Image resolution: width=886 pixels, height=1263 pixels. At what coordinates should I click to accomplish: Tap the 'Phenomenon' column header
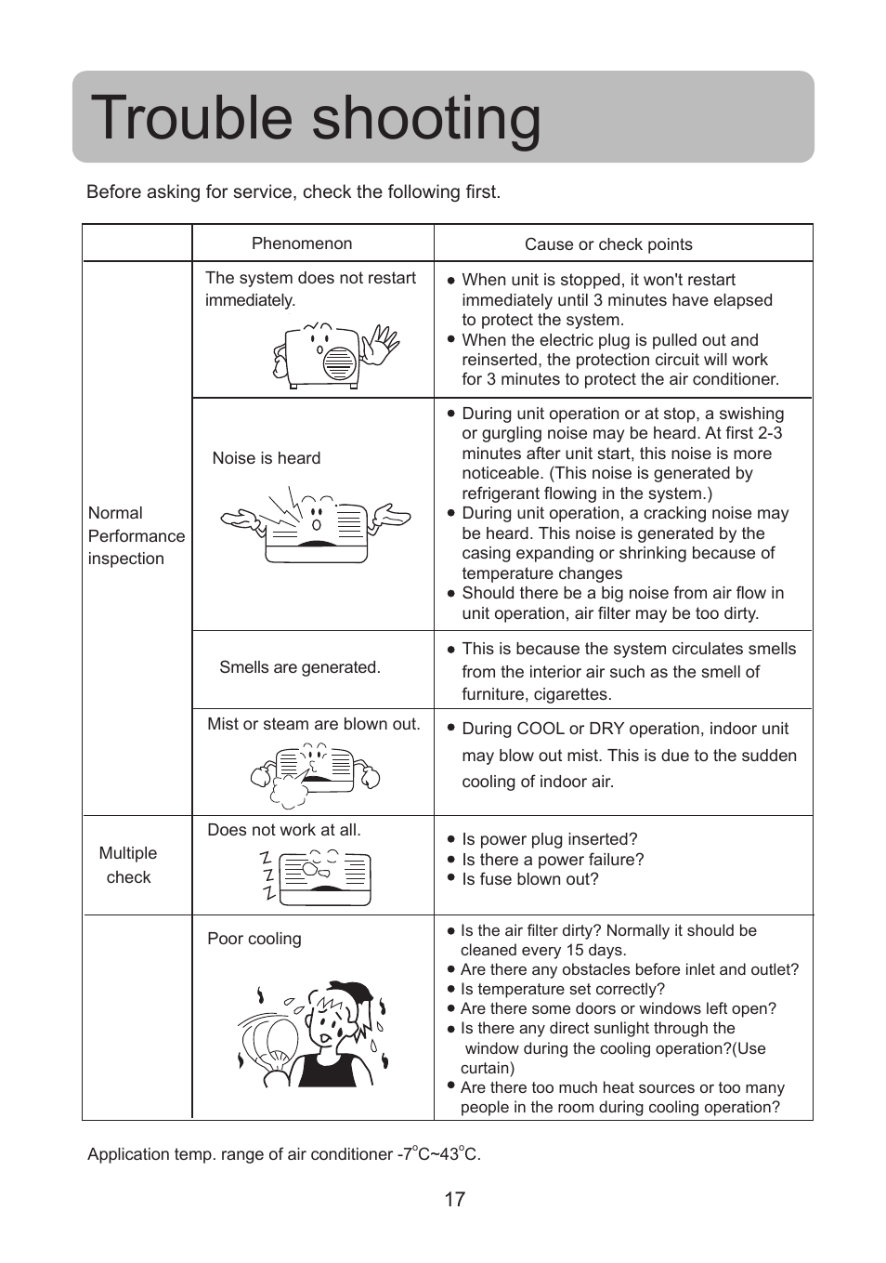pyautogui.click(x=302, y=243)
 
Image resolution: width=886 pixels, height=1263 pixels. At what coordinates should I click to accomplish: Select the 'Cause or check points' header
pyautogui.click(x=608, y=244)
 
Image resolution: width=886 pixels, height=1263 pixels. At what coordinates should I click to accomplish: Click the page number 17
pyautogui.click(x=454, y=1199)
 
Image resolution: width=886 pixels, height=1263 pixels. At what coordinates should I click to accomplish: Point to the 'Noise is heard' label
pyautogui.click(x=267, y=458)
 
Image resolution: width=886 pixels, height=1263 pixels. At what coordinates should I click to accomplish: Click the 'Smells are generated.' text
pyautogui.click(x=300, y=667)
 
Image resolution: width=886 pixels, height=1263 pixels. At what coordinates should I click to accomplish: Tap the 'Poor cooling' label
pyautogui.click(x=254, y=939)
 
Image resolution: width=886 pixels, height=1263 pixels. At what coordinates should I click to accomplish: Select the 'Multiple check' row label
pyautogui.click(x=128, y=865)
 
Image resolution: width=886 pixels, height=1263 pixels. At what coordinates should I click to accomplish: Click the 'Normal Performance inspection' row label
pyautogui.click(x=136, y=536)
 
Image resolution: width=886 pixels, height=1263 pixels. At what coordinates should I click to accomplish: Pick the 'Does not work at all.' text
pyautogui.click(x=284, y=830)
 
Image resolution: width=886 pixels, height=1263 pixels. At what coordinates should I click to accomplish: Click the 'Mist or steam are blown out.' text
pyautogui.click(x=314, y=724)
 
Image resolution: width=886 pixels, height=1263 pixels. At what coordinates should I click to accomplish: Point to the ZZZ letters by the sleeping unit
pyautogui.click(x=267, y=875)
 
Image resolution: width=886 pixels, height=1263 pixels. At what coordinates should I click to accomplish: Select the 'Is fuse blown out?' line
pyautogui.click(x=529, y=879)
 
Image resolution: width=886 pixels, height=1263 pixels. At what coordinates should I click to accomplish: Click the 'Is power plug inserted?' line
pyautogui.click(x=549, y=839)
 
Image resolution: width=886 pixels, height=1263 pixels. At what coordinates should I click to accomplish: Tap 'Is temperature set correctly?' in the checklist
pyautogui.click(x=562, y=989)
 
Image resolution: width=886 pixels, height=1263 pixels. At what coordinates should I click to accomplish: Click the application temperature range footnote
pyautogui.click(x=284, y=1154)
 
